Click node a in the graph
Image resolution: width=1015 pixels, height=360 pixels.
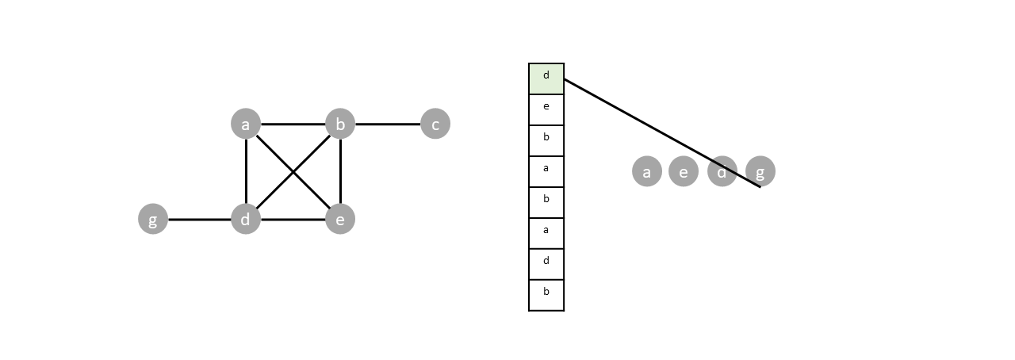pyautogui.click(x=246, y=124)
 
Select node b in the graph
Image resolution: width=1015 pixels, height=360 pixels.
pyautogui.click(x=340, y=124)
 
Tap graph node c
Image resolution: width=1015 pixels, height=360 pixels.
pyautogui.click(x=435, y=124)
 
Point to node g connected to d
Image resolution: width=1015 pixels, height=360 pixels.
pyautogui.click(x=153, y=219)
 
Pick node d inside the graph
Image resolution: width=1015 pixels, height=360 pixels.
pyautogui.click(x=246, y=219)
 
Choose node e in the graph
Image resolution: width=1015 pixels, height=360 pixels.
pyautogui.click(x=340, y=219)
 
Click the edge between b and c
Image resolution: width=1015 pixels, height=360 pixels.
pyautogui.click(x=388, y=124)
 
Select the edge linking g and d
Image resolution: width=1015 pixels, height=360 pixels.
pyautogui.click(x=200, y=220)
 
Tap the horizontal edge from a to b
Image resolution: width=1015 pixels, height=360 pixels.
pyautogui.click(x=293, y=124)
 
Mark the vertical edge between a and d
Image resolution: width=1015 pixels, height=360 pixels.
pyautogui.click(x=247, y=171)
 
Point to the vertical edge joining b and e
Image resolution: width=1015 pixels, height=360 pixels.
pyautogui.click(x=340, y=171)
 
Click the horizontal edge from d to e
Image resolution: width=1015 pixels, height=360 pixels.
pyautogui.click(x=293, y=220)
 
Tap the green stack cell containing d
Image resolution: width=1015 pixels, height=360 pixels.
pyautogui.click(x=546, y=79)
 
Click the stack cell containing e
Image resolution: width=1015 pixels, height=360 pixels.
pyautogui.click(x=546, y=109)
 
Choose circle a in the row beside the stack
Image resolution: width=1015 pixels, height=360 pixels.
pyautogui.click(x=647, y=171)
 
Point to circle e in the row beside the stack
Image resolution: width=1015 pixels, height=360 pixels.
pyautogui.click(x=684, y=171)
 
